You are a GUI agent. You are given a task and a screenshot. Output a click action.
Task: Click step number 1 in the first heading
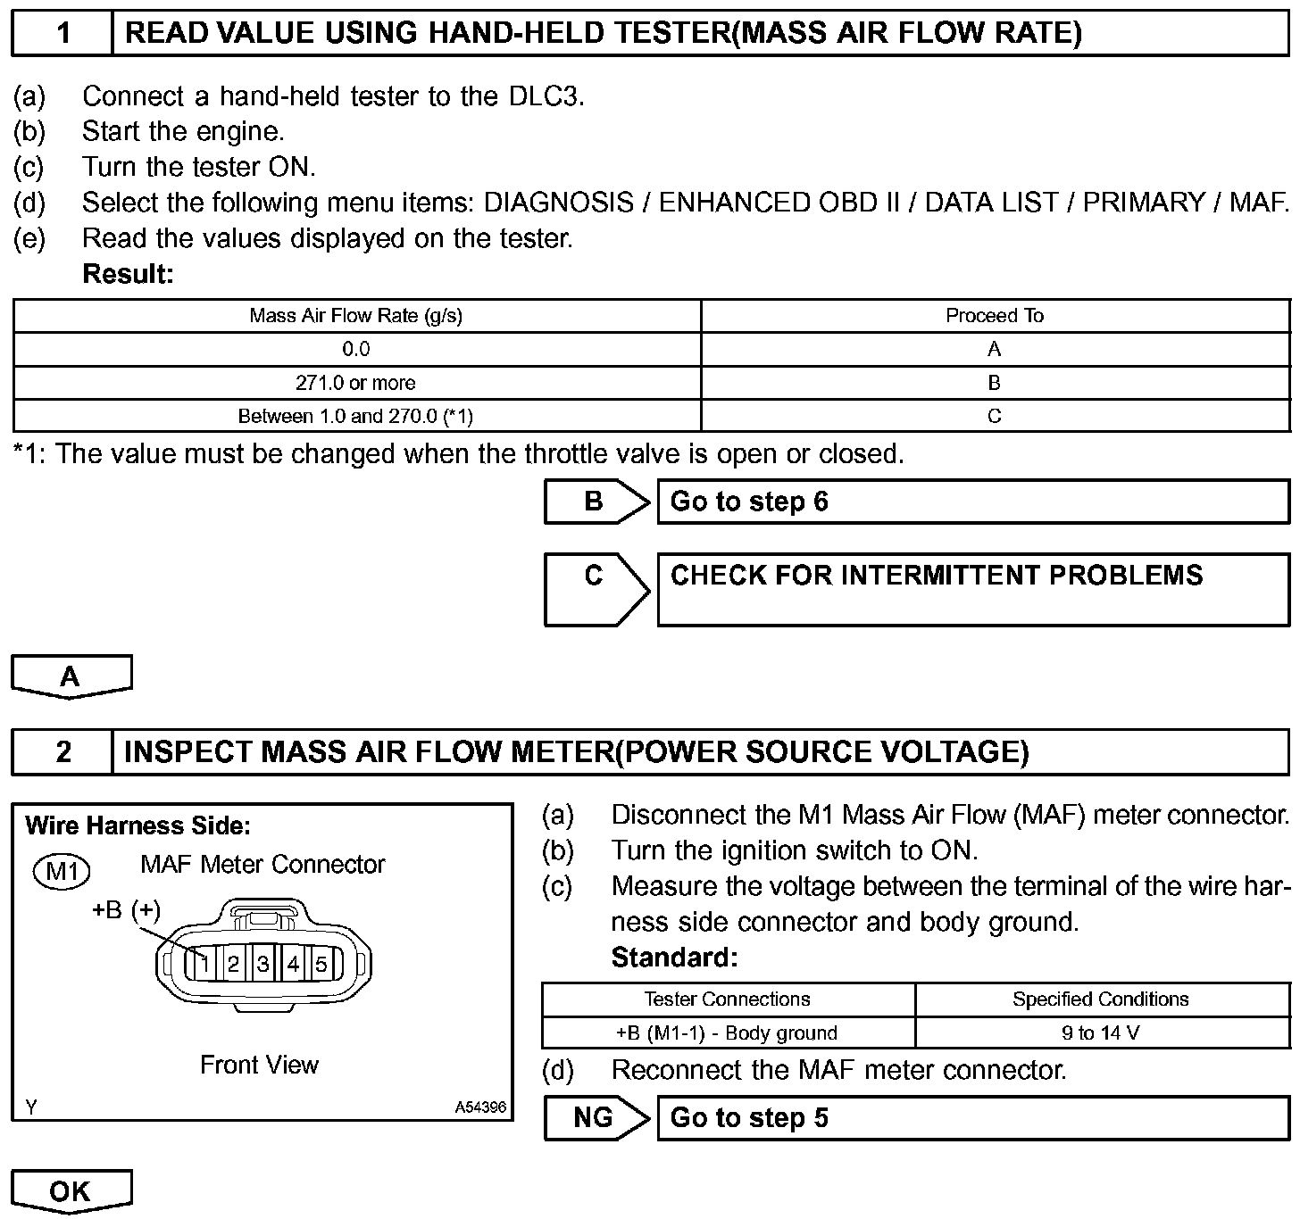(62, 34)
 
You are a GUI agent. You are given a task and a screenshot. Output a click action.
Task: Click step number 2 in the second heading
(62, 751)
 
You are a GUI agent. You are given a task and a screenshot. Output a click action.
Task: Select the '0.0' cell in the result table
(356, 350)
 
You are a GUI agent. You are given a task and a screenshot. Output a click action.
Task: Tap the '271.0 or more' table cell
(356, 383)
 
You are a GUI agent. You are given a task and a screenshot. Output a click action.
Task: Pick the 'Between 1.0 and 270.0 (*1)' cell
(356, 416)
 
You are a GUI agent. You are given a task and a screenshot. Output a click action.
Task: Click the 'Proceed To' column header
(995, 316)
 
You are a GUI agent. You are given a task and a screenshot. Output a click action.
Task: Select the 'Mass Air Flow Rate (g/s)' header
(356, 316)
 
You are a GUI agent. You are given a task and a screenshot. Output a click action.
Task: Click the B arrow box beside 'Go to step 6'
(596, 502)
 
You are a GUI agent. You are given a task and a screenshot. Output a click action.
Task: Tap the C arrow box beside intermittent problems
(596, 589)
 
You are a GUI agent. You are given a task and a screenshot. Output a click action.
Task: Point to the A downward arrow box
(71, 676)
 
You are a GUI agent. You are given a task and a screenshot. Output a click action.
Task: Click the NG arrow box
(596, 1117)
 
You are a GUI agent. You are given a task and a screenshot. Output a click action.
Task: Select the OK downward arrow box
(71, 1191)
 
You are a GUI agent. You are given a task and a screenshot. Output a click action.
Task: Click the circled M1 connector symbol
(62, 870)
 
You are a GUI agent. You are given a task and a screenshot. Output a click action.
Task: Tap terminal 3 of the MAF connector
(263, 964)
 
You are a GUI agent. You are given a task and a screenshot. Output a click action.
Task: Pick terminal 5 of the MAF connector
(321, 964)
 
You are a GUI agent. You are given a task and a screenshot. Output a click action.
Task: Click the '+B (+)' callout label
(127, 910)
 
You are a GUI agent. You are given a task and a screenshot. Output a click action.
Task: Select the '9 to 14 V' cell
(1101, 1033)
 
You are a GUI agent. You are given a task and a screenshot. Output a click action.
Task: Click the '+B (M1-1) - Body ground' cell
(728, 1033)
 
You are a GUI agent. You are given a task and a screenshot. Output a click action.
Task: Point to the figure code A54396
(480, 1107)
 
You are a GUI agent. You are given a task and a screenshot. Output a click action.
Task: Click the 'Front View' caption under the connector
(259, 1065)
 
